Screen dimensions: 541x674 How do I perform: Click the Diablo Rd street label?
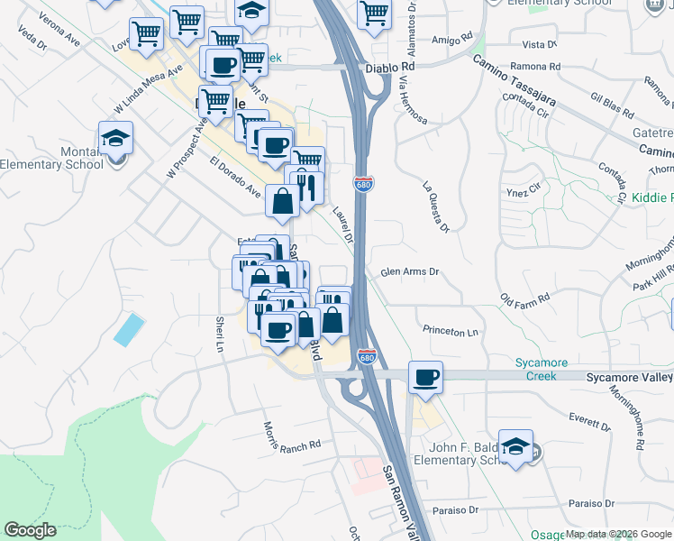point(390,67)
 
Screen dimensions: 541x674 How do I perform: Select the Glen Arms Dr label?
point(409,271)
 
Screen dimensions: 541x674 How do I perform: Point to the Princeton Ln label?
point(451,332)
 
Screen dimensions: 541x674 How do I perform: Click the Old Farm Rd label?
point(524,298)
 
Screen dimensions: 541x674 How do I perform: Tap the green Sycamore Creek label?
point(542,369)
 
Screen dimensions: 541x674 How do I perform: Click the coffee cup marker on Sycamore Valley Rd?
point(425,377)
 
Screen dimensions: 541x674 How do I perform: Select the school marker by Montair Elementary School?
point(114,141)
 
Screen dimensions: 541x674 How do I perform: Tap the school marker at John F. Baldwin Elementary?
point(515,446)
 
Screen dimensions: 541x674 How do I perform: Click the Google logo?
point(30,530)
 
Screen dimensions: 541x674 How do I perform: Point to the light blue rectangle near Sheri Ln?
point(128,330)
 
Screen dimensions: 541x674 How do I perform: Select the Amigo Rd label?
point(451,40)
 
